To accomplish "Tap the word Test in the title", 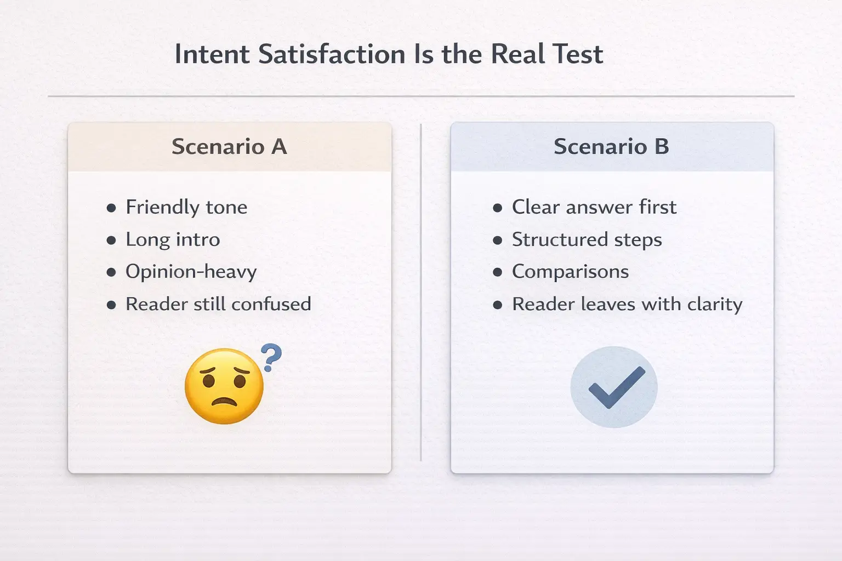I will [x=578, y=55].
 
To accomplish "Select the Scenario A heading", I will [x=229, y=147].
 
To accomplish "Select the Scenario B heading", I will [x=611, y=147].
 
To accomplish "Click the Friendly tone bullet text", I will [x=186, y=207].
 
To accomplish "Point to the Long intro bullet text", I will [x=173, y=239].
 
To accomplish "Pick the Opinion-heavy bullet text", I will [x=191, y=272].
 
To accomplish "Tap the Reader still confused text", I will [x=218, y=304].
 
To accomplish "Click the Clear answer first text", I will [x=594, y=207].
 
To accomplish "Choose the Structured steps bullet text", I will [x=587, y=239].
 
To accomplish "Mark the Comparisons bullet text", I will [x=570, y=272].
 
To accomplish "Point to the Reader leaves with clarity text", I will [x=627, y=304].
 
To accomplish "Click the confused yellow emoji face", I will [x=224, y=386].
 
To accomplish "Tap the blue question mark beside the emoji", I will [x=271, y=357].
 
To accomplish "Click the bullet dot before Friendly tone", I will [x=111, y=208].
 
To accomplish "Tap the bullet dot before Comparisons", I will [x=498, y=272].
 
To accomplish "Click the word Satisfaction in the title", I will [x=332, y=55].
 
